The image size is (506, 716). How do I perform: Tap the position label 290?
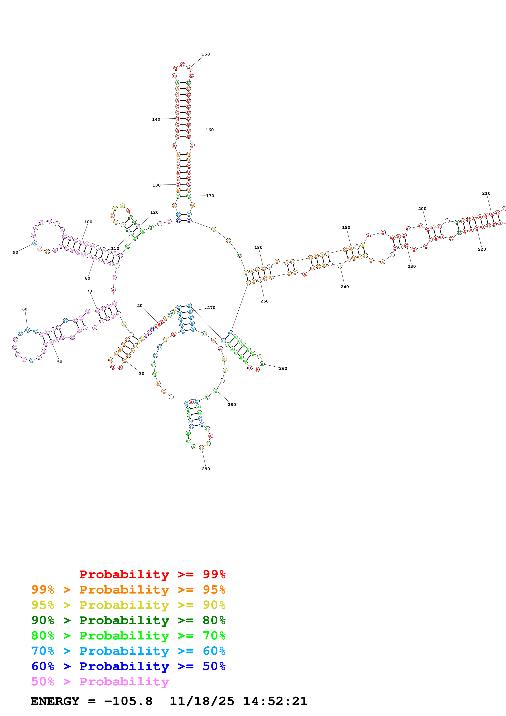(206, 469)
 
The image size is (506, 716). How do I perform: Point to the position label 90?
(16, 252)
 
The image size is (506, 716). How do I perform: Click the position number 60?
(25, 309)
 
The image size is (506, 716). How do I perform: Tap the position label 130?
(157, 185)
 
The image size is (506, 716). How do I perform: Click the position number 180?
(258, 248)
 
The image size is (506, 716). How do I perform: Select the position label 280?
(232, 405)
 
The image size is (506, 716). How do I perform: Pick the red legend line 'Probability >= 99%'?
(152, 574)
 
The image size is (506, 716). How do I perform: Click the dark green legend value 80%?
(214, 620)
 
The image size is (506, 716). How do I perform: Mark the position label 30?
(141, 374)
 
